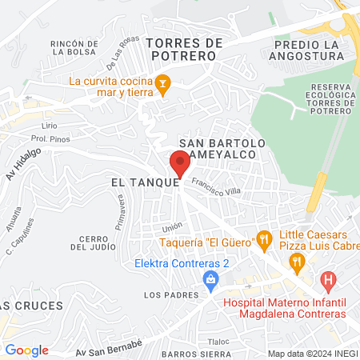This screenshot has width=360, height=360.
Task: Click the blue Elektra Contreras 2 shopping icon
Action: (210, 278)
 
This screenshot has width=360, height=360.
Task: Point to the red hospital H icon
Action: (326, 281)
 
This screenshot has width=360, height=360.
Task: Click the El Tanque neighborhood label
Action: (143, 182)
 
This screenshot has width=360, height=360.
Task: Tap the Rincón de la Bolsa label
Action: (74, 49)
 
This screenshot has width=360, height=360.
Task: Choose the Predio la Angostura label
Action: (305, 49)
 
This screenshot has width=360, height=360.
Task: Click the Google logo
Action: (26, 350)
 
